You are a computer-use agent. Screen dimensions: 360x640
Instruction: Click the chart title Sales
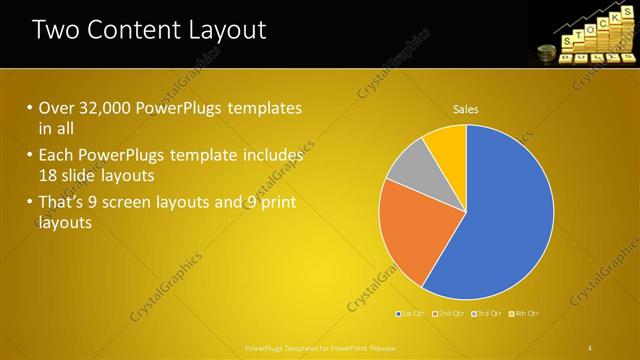[x=466, y=108]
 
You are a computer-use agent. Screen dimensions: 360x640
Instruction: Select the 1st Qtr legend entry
[x=411, y=314]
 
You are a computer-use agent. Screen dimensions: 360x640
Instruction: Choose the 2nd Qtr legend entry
[x=450, y=314]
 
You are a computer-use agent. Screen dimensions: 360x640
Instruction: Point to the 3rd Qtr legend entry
[x=487, y=314]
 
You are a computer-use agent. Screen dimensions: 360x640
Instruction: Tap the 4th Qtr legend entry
[x=524, y=314]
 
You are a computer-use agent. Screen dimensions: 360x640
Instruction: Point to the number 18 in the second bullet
[x=49, y=175]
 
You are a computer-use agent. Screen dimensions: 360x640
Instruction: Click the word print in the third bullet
[x=277, y=203]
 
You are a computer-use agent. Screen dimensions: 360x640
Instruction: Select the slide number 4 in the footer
[x=590, y=347]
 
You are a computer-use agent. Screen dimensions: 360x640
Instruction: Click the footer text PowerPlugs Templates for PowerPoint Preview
[x=320, y=347]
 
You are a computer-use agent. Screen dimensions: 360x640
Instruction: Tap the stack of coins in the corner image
[x=547, y=53]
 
